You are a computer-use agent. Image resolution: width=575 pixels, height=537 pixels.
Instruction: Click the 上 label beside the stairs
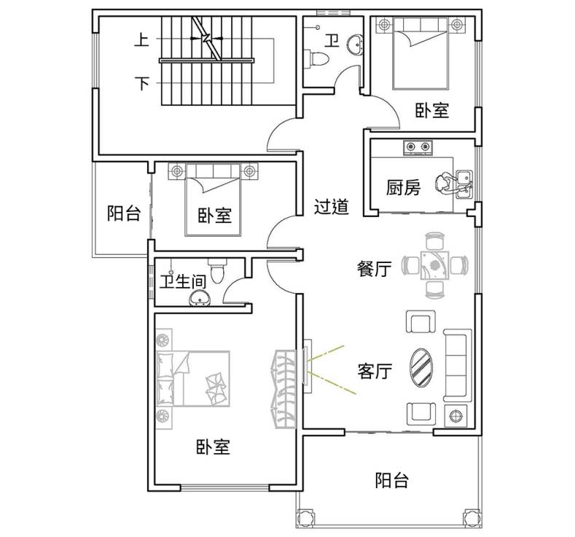click(x=141, y=39)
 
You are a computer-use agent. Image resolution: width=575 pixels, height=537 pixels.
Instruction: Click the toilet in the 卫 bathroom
click(x=319, y=59)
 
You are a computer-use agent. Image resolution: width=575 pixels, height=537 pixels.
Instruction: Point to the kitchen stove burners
click(x=418, y=147)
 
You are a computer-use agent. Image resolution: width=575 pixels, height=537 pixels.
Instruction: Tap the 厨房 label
click(x=403, y=188)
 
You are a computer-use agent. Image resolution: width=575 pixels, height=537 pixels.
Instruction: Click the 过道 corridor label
click(x=331, y=207)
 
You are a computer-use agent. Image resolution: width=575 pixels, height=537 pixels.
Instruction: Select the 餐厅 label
click(x=374, y=269)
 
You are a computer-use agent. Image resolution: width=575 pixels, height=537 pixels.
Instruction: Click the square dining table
click(x=434, y=265)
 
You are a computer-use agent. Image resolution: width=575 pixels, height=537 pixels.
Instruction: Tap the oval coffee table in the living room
click(x=421, y=367)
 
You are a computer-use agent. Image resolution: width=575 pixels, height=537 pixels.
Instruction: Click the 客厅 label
click(x=375, y=371)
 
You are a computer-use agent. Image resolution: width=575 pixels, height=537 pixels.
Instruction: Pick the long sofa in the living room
click(x=458, y=365)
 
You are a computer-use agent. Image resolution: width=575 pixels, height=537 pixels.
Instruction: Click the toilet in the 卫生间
click(x=217, y=270)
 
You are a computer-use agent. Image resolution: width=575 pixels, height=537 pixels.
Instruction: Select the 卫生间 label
click(x=183, y=282)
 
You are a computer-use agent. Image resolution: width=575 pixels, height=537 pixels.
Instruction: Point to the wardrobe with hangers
click(x=285, y=389)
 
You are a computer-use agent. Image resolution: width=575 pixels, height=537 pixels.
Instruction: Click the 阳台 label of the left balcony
click(x=124, y=213)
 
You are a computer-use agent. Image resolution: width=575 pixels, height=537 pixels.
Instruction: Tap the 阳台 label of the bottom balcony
click(x=391, y=480)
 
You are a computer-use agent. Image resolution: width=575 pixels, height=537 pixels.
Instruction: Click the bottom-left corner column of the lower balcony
click(x=305, y=517)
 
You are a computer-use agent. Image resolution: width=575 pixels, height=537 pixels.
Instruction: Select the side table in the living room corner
click(x=455, y=416)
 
